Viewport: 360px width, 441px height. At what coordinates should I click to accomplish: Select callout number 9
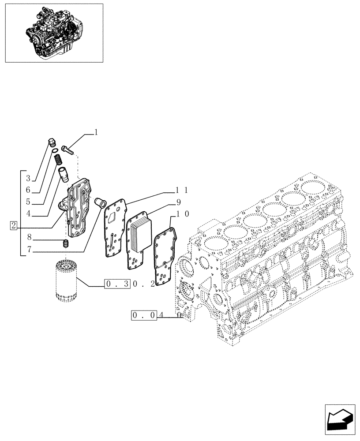(179, 202)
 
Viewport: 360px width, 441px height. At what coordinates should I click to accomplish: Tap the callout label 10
(183, 214)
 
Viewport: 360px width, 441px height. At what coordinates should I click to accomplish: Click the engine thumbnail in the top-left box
(54, 33)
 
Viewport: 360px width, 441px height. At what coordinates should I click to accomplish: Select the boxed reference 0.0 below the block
(144, 316)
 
